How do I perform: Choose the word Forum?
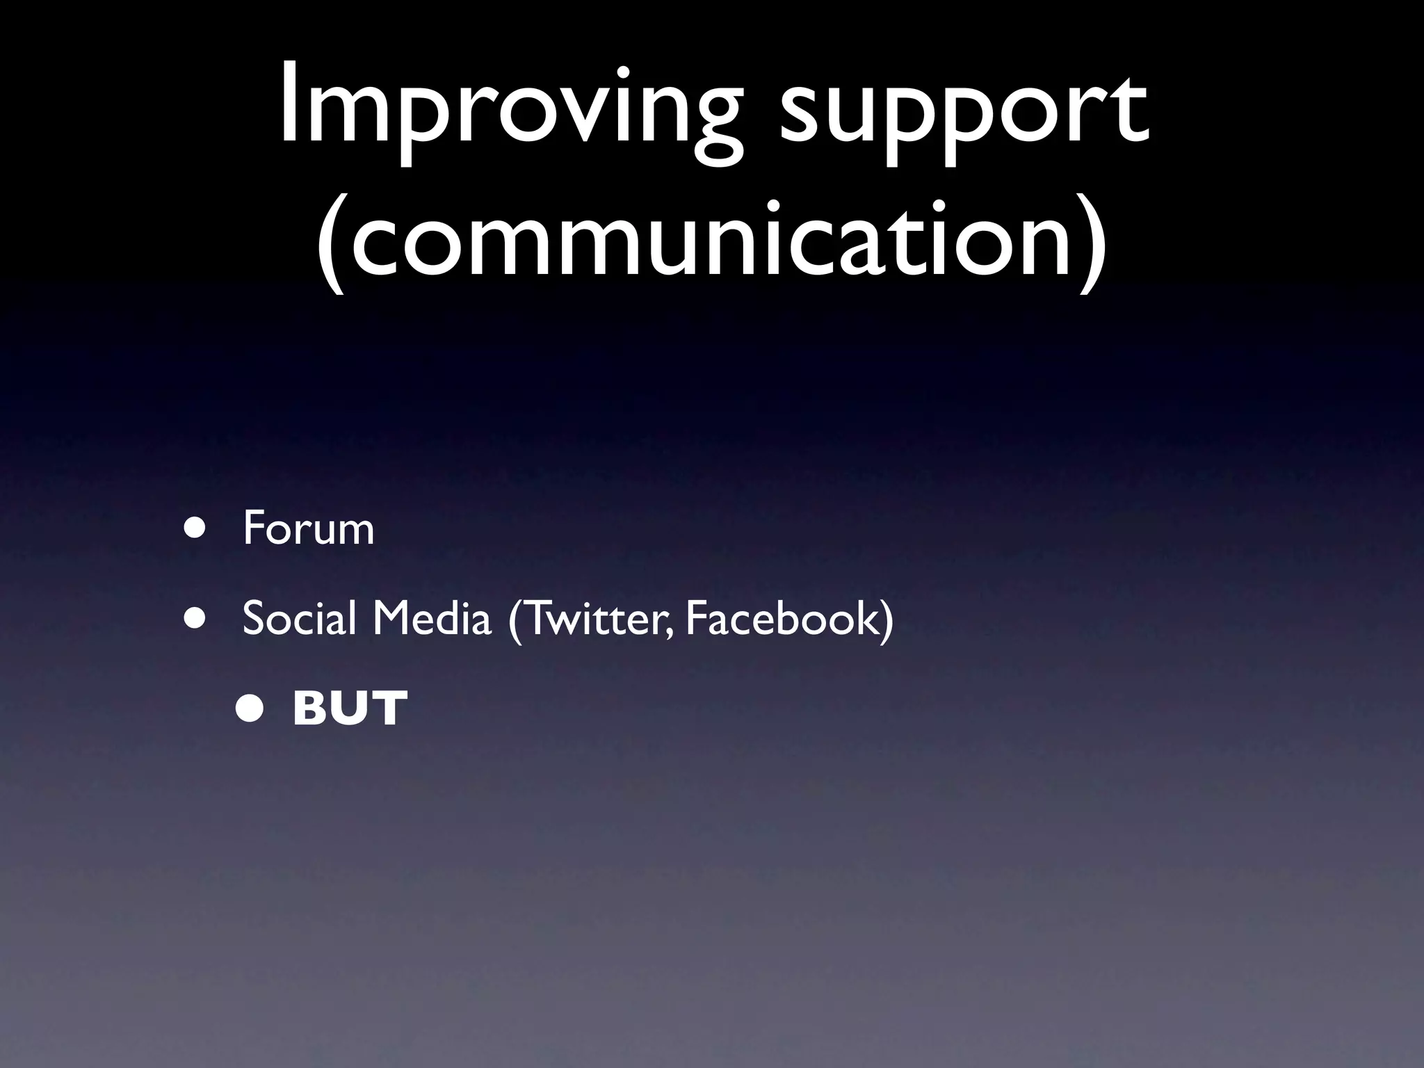308,529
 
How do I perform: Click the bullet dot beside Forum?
195,528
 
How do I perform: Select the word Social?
299,618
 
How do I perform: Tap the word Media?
431,618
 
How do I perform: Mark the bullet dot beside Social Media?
195,618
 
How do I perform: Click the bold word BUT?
350,709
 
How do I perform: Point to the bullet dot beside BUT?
249,709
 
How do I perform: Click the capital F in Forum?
254,529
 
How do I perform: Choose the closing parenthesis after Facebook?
887,620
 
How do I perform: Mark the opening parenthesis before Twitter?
515,620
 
